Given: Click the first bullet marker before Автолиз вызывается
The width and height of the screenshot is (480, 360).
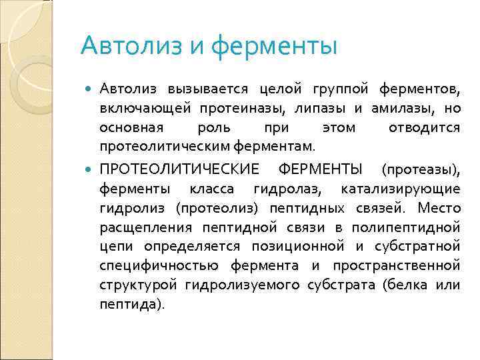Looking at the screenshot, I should [x=90, y=90].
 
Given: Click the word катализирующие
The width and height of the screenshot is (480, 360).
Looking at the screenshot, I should [x=400, y=189].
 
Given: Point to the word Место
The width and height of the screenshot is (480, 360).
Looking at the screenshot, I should [x=439, y=208].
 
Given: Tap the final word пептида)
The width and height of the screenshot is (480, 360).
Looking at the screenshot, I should [x=131, y=305].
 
